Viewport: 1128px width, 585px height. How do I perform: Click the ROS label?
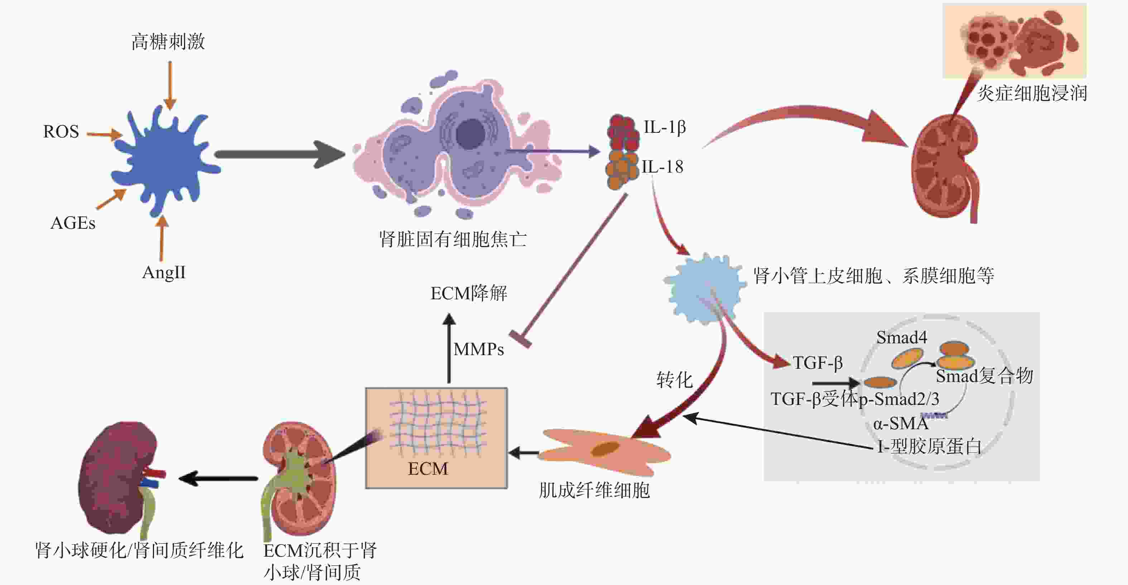tap(61, 131)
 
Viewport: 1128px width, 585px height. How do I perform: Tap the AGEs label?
tap(73, 223)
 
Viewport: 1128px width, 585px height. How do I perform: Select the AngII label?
tap(164, 273)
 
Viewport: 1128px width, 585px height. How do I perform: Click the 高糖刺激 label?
tap(168, 42)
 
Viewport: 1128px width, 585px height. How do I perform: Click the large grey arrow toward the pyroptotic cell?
tap(280, 154)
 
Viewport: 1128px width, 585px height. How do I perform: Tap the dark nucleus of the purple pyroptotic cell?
tap(470, 133)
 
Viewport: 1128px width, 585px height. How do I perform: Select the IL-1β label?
tap(664, 127)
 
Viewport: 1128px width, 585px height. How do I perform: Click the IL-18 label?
tap(662, 167)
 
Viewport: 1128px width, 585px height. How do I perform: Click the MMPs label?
tap(479, 349)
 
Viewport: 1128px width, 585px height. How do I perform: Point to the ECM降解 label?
tap(468, 293)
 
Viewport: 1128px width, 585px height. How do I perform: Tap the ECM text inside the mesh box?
tap(428, 469)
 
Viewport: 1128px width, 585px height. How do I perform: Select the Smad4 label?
tap(901, 338)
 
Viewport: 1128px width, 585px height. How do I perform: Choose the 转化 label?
tap(674, 379)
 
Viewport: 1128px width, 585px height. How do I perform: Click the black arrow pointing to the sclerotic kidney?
tap(219, 479)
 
